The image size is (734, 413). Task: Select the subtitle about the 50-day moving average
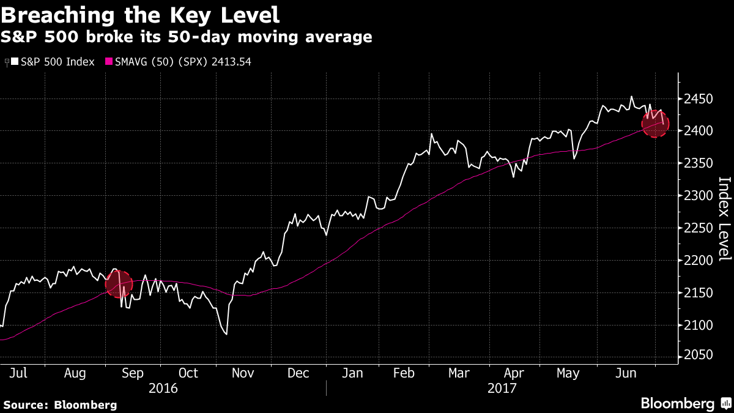click(x=187, y=37)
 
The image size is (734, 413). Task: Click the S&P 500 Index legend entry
click(x=53, y=62)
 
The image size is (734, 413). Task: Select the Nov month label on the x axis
click(x=243, y=373)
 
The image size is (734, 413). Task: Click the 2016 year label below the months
click(x=163, y=388)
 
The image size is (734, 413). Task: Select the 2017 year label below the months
click(x=502, y=388)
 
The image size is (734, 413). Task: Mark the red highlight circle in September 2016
click(x=119, y=284)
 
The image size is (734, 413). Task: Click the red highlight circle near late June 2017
click(x=654, y=124)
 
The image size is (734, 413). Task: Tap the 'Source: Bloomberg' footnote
click(x=60, y=404)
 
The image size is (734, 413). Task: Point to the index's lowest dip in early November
click(x=226, y=334)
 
